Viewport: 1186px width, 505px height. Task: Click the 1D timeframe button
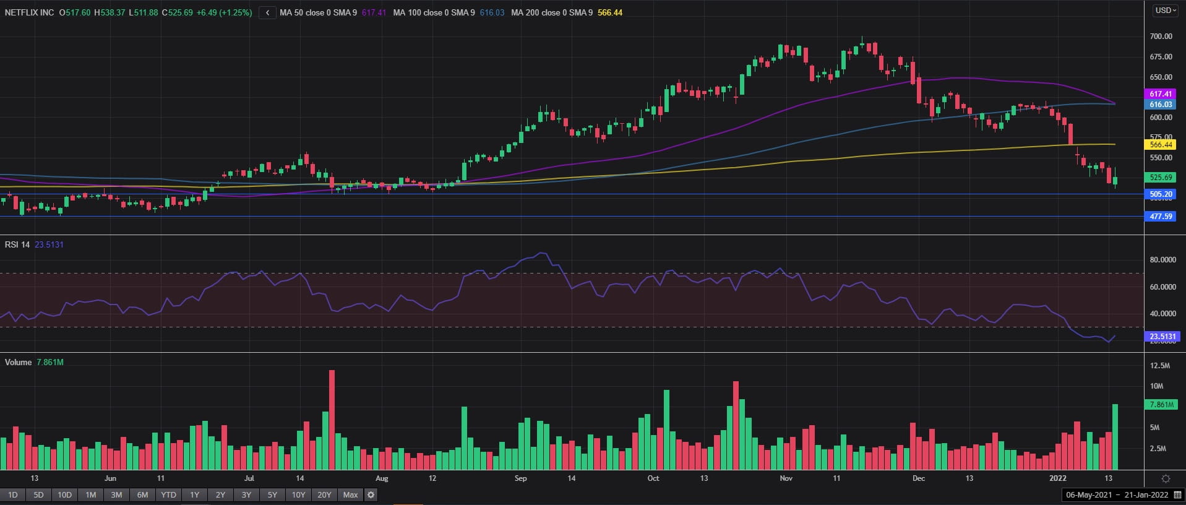coord(12,494)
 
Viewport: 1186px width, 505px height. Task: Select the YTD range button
coord(168,494)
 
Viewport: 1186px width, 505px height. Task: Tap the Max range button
coord(350,494)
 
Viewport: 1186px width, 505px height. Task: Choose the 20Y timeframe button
coord(324,494)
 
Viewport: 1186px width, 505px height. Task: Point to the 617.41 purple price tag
coord(1161,94)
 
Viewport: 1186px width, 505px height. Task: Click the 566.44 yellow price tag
coord(1161,145)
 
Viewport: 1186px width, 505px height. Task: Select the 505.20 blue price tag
coord(1161,194)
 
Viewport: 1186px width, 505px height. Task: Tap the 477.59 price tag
coord(1161,217)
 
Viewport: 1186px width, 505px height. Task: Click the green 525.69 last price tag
coord(1161,178)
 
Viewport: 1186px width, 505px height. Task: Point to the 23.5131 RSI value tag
coord(1162,337)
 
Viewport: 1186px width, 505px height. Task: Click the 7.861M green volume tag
coord(1161,405)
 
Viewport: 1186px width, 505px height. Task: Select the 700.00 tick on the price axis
coord(1161,37)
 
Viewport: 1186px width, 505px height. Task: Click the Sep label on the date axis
coord(520,478)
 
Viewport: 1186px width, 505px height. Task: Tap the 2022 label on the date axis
coord(1058,478)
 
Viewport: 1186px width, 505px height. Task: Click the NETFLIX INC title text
coord(29,12)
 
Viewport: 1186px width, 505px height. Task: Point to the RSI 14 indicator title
coord(17,244)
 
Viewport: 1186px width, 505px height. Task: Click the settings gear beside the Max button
coord(371,494)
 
